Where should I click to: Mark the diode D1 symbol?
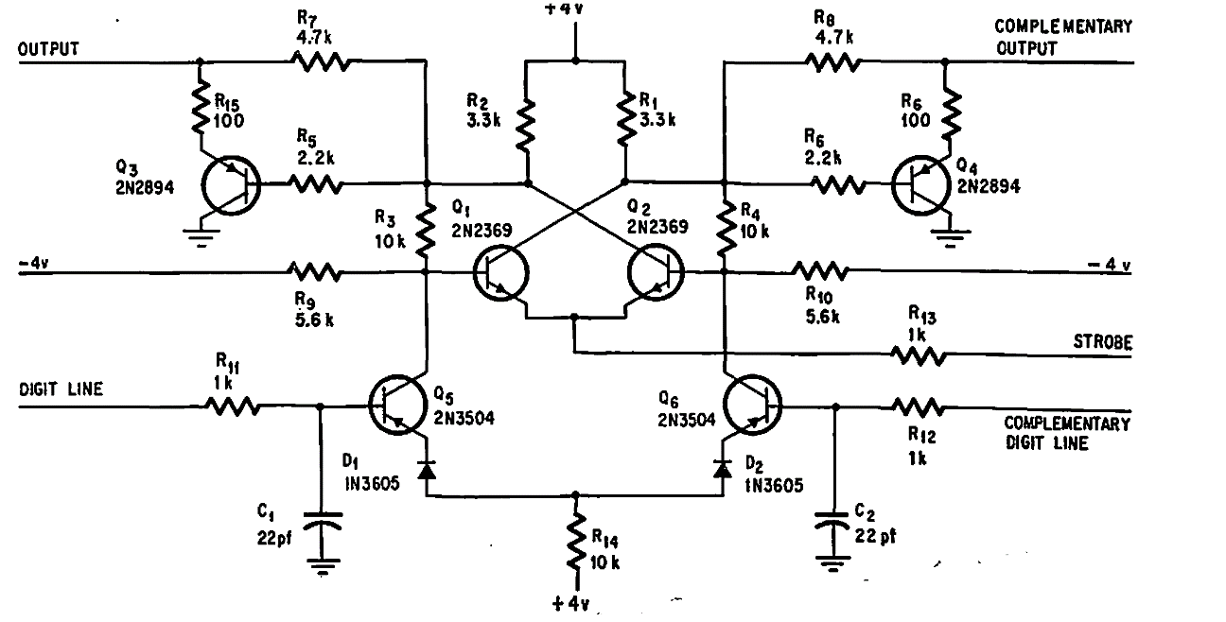point(427,468)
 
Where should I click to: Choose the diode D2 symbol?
point(724,468)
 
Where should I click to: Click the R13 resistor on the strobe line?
point(917,355)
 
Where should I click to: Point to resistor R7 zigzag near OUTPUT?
point(319,62)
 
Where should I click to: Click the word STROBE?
point(1103,343)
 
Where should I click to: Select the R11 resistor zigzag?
point(233,407)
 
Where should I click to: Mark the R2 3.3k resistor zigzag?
point(527,122)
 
